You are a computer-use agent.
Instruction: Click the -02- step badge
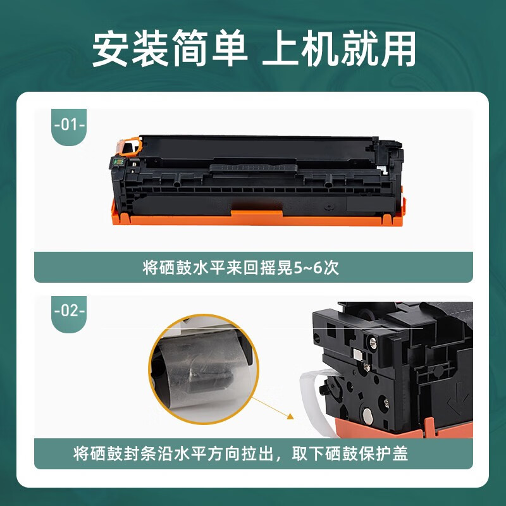click(70, 311)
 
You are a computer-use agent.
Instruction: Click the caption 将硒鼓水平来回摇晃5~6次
click(241, 268)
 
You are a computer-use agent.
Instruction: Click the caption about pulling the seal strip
click(241, 454)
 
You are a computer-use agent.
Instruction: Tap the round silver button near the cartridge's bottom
click(368, 416)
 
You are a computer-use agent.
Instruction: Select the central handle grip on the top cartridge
click(253, 167)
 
